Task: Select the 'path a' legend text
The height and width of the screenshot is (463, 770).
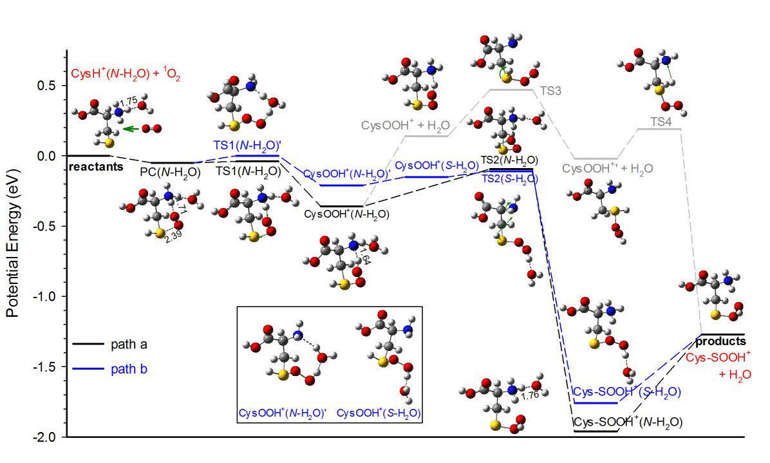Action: pos(129,344)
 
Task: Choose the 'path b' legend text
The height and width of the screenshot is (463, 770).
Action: pos(129,369)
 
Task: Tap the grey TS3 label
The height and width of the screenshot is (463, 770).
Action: pos(550,91)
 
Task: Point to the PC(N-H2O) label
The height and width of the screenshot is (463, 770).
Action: pos(169,172)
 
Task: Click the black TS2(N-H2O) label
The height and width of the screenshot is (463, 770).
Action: pos(509,160)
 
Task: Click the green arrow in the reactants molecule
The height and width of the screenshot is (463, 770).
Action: pos(133,129)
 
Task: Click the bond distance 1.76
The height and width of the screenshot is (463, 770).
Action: pos(531,395)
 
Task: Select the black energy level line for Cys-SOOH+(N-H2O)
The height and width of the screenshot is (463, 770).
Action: pos(596,431)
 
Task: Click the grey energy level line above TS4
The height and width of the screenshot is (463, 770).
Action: pos(658,129)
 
